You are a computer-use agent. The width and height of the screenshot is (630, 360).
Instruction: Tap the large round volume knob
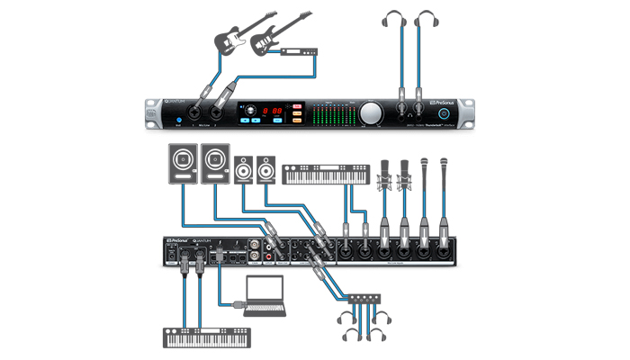pos(371,113)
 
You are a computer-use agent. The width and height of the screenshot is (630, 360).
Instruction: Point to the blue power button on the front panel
pos(180,120)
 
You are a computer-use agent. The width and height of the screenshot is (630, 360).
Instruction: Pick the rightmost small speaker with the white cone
pos(265,170)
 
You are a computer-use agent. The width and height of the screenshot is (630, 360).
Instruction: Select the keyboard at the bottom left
pos(205,339)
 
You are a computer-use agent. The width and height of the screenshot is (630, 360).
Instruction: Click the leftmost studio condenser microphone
pos(383,175)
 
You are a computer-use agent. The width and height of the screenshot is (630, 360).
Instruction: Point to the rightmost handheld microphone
pos(444,175)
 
